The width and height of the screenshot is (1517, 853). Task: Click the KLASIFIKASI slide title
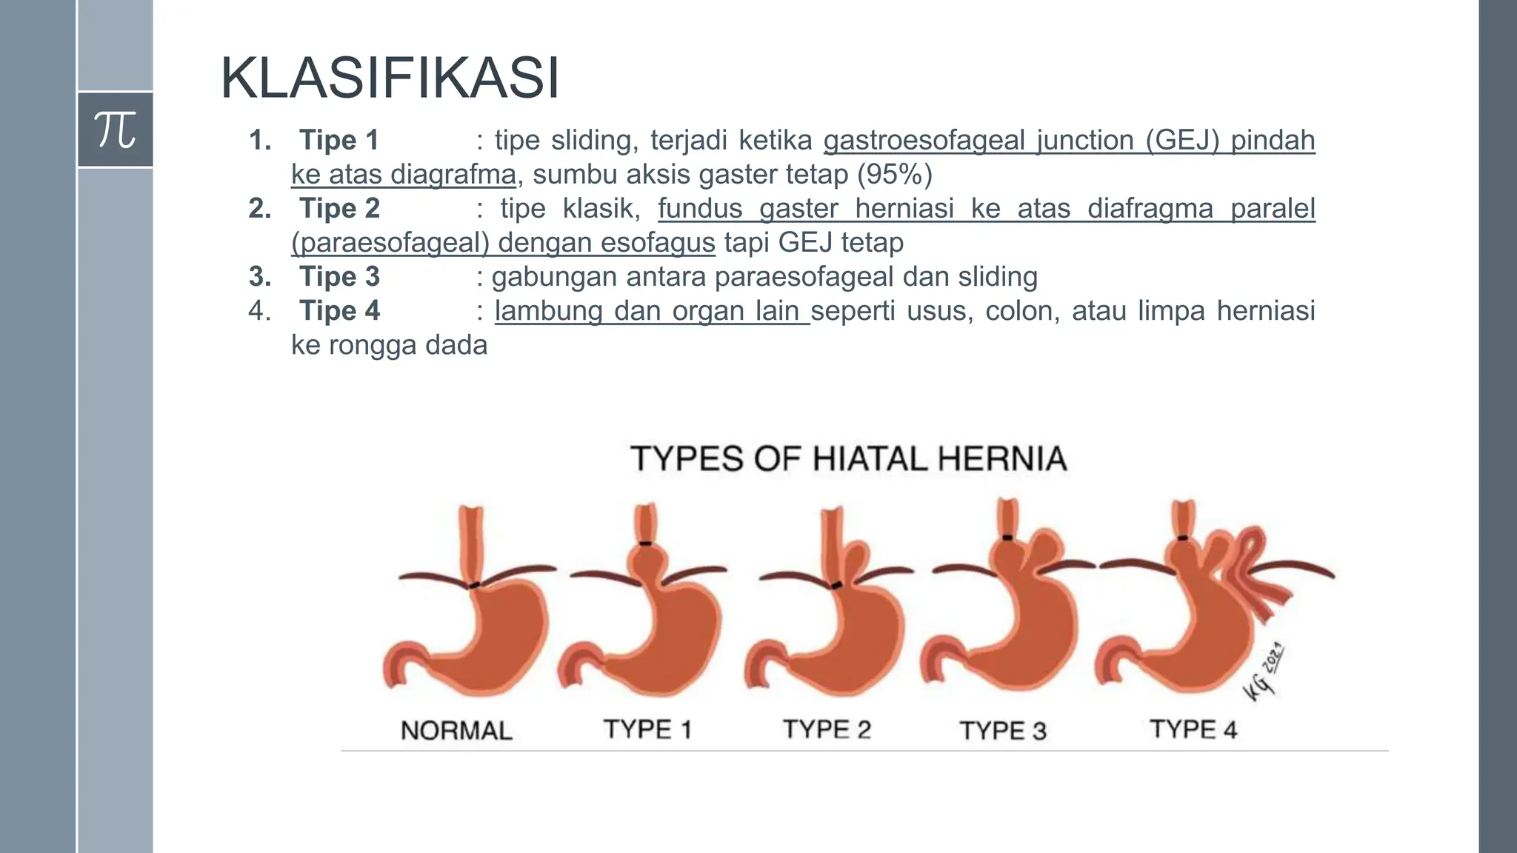390,78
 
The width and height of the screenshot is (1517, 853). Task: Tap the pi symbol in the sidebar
116,130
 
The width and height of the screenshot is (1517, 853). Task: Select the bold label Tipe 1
339,140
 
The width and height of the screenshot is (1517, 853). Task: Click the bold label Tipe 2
339,208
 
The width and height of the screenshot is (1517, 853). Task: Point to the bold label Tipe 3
339,276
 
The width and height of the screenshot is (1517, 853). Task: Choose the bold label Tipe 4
339,310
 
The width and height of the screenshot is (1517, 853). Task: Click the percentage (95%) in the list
894,174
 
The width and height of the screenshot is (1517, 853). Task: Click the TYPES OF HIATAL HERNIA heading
848,458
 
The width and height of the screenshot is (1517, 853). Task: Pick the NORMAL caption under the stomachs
456,731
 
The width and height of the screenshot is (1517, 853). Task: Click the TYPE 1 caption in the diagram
647,729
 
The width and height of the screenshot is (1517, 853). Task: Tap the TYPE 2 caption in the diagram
827,729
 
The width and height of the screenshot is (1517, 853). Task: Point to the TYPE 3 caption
1003,731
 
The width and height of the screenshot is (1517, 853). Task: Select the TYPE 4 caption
1193,729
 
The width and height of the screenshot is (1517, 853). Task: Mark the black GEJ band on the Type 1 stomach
645,543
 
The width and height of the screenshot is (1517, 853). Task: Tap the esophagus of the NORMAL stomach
471,541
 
